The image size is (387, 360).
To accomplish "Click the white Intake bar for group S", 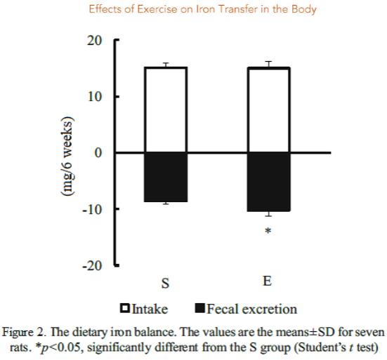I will coord(166,109).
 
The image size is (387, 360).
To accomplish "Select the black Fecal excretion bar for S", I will coord(166,177).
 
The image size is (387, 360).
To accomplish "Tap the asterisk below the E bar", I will coord(268,231).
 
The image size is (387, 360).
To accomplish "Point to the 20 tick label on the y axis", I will coord(93,41).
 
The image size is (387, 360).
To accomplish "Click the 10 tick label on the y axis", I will coord(93,97).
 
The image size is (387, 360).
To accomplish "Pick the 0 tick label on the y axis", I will coord(98,153).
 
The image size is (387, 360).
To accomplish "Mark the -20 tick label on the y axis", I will coord(91,266).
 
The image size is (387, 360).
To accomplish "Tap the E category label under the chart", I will coord(268,281).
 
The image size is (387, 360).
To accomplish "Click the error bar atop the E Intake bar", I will coord(268,65).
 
